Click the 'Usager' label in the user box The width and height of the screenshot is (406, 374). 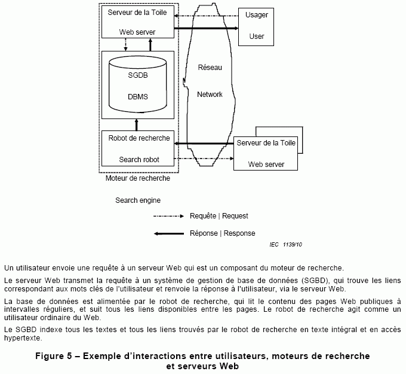[x=257, y=15]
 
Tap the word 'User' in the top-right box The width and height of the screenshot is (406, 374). [x=257, y=37]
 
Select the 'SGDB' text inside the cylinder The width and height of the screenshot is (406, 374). [x=138, y=76]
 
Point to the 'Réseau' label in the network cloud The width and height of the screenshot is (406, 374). [x=210, y=68]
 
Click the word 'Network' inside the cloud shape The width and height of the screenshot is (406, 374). [x=210, y=95]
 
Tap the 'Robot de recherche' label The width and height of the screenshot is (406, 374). [x=139, y=138]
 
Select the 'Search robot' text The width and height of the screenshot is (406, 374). [x=139, y=160]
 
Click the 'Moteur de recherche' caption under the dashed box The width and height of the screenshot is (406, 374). [x=137, y=178]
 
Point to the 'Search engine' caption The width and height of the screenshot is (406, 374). [x=138, y=200]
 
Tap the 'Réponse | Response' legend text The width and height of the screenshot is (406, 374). [x=222, y=233]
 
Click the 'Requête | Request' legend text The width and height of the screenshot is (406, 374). [x=219, y=216]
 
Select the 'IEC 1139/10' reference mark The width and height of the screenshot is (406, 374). [x=285, y=245]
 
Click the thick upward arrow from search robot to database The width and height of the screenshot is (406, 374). [x=137, y=124]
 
